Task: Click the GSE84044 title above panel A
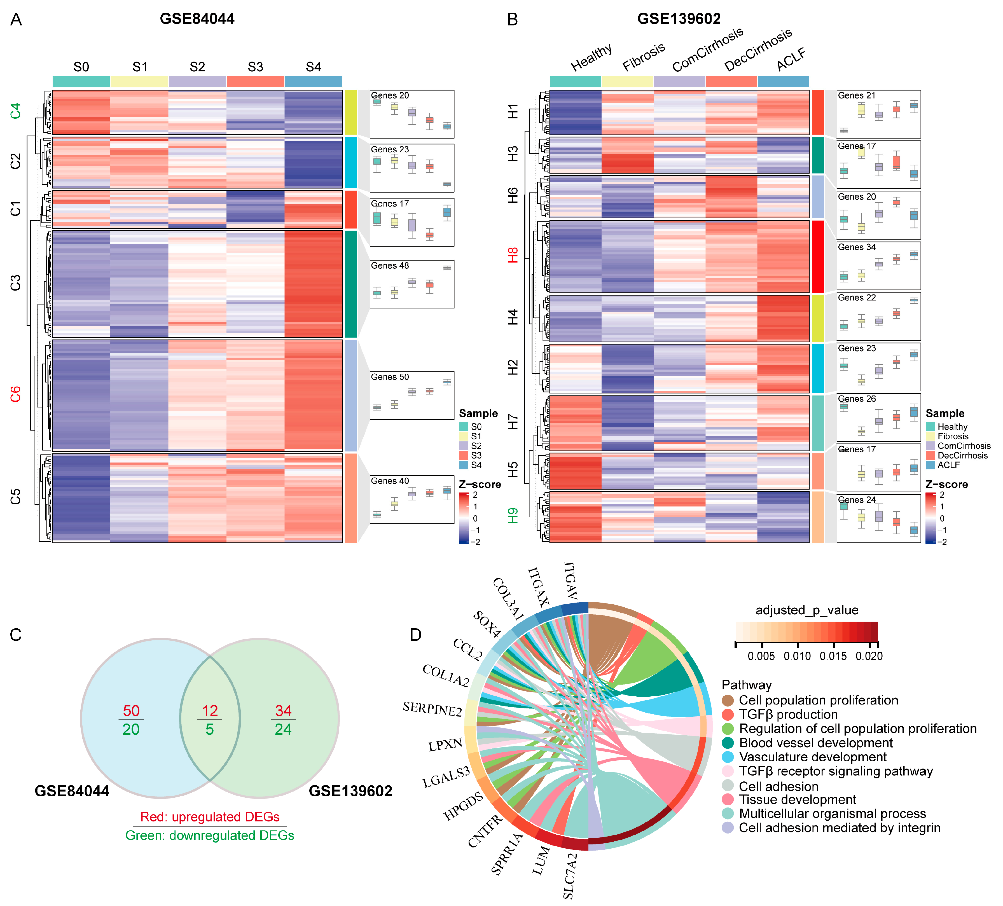[197, 19]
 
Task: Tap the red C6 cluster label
[15, 395]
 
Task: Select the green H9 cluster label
[513, 516]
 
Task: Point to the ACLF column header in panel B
[791, 60]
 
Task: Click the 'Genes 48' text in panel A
[390, 266]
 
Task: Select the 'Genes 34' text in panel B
[857, 247]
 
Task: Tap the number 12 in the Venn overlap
[210, 710]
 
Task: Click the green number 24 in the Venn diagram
[283, 729]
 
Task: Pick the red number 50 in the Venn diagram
[131, 710]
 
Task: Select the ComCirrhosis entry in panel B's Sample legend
[964, 446]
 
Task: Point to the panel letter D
[415, 635]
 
